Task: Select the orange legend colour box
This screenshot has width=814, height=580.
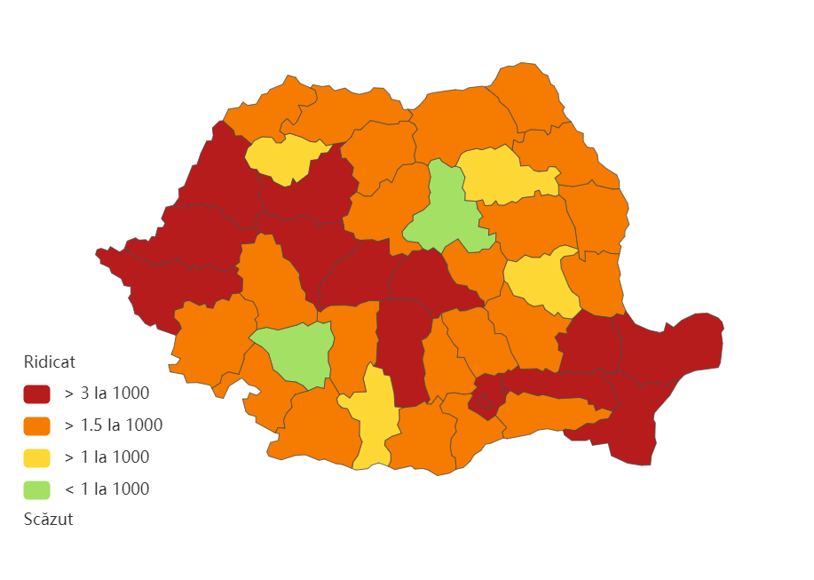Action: pos(36,425)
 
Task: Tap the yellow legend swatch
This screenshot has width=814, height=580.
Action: pos(36,457)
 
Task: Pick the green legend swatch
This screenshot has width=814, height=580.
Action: pos(36,489)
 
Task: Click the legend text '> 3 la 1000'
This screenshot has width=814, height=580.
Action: pos(107,393)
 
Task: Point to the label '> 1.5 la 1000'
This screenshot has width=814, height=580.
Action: pos(113,425)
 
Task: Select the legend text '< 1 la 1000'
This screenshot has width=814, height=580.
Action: pos(107,489)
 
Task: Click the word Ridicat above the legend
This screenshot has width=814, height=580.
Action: pos(49,362)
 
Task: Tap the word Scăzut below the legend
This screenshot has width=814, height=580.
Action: pos(48,520)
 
